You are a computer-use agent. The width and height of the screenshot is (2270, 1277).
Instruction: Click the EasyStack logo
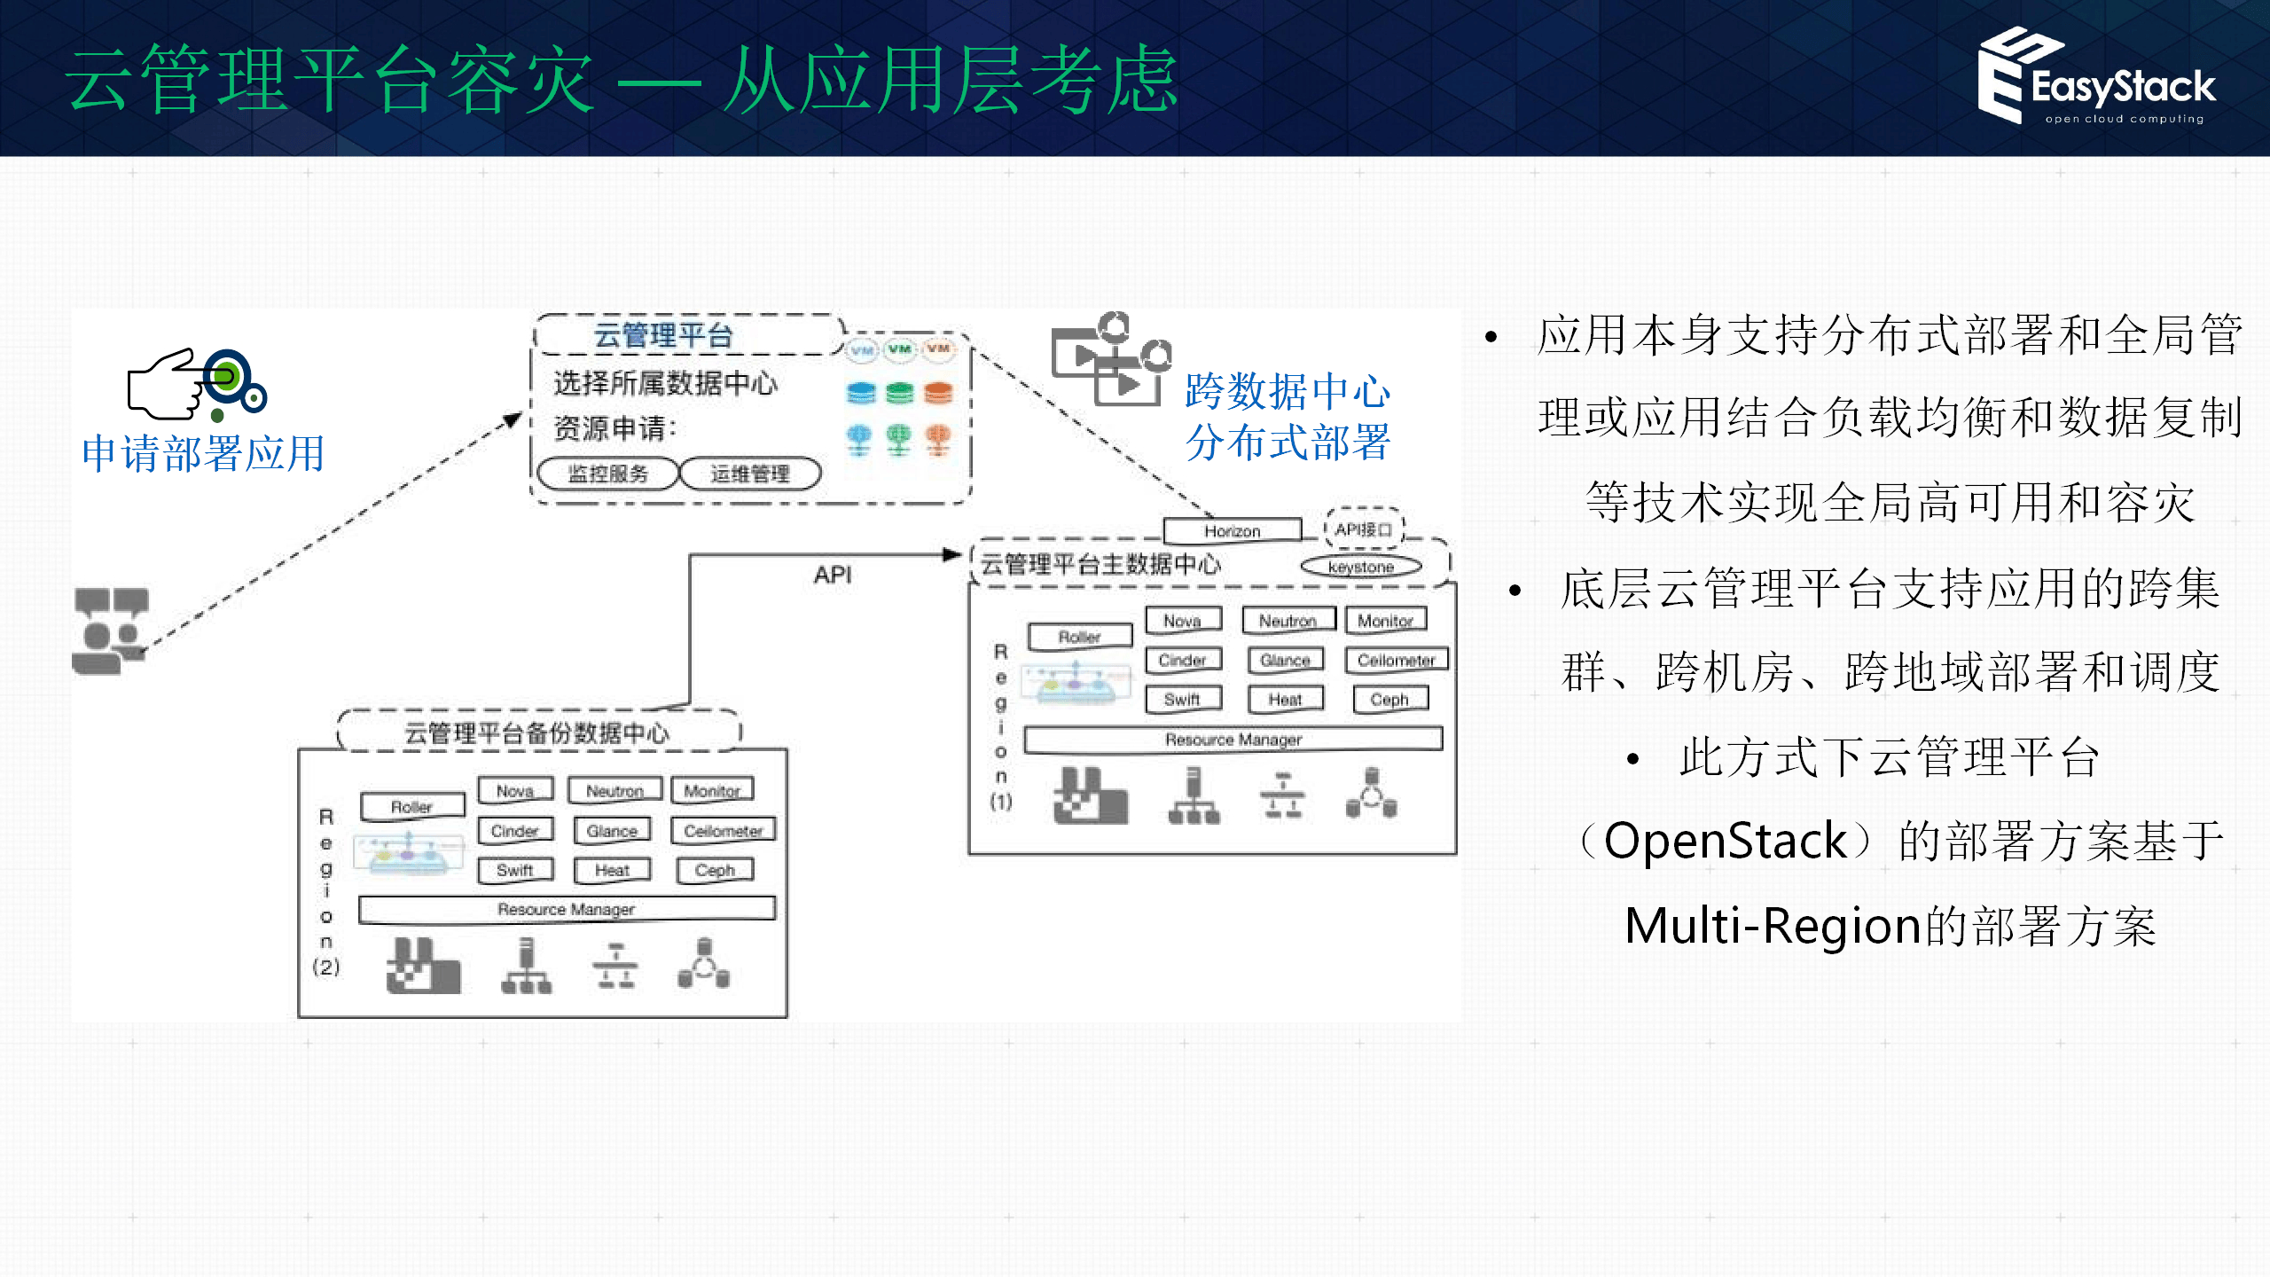tap(2096, 78)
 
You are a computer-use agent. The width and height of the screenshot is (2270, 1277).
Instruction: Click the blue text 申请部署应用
tap(203, 453)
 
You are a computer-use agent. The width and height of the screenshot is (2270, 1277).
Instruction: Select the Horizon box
tap(1232, 530)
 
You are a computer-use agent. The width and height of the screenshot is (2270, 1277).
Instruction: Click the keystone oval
tap(1360, 567)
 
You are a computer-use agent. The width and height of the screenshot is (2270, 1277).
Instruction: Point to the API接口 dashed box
tap(1364, 529)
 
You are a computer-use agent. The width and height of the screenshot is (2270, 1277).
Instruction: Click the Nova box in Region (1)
tap(1182, 621)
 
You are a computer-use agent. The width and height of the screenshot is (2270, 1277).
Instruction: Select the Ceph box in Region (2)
tap(715, 870)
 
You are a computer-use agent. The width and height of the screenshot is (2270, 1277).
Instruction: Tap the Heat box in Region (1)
tap(1285, 700)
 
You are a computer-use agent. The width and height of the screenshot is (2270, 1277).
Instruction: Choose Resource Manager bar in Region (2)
tap(567, 909)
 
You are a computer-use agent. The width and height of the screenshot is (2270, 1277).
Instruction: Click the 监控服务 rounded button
tap(608, 474)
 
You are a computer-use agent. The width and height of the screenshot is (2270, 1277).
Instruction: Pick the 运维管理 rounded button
tap(750, 474)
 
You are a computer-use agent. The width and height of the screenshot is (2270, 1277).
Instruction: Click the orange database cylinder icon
tap(938, 393)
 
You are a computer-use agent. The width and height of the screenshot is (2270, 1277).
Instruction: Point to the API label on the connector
tap(833, 576)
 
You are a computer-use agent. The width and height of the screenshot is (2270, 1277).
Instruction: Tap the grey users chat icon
tap(111, 630)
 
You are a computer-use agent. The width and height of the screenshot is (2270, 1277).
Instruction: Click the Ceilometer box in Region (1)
tap(1396, 660)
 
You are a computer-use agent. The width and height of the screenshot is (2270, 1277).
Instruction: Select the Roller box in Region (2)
tap(411, 807)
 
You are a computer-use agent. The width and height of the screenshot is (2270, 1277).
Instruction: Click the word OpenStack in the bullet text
tap(1725, 841)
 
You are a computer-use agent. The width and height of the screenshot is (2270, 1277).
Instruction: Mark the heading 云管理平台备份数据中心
tap(537, 733)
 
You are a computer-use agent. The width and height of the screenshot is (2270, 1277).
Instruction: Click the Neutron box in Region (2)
tap(614, 790)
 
